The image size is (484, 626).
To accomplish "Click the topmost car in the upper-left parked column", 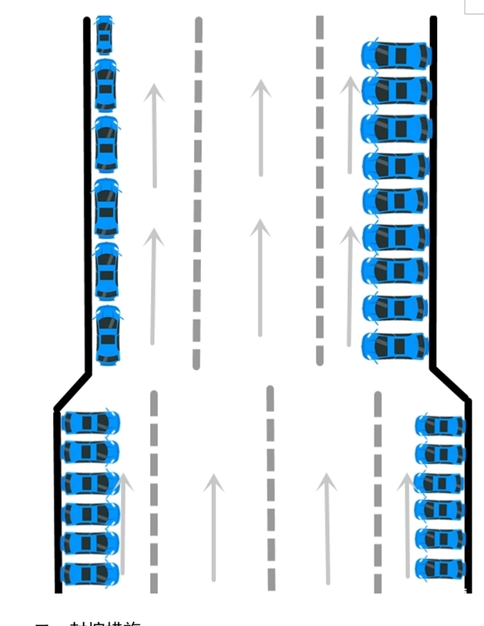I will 104,34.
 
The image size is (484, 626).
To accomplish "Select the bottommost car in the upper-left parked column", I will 108,335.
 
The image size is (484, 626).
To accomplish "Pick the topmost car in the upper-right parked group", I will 396,56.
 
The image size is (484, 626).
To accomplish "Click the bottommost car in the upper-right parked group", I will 396,345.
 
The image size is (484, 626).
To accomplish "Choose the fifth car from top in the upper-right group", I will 396,201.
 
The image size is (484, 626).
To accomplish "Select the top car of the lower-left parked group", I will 91,423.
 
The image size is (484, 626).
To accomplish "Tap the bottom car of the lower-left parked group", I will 89,574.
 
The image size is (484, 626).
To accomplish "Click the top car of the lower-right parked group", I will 440,426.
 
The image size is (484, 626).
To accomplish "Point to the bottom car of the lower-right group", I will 440,568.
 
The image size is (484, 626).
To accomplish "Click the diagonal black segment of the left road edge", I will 73,390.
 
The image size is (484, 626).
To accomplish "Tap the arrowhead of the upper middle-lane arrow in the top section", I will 260,88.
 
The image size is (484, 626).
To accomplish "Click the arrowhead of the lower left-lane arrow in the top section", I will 154,238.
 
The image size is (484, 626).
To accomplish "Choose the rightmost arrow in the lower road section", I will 407,524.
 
